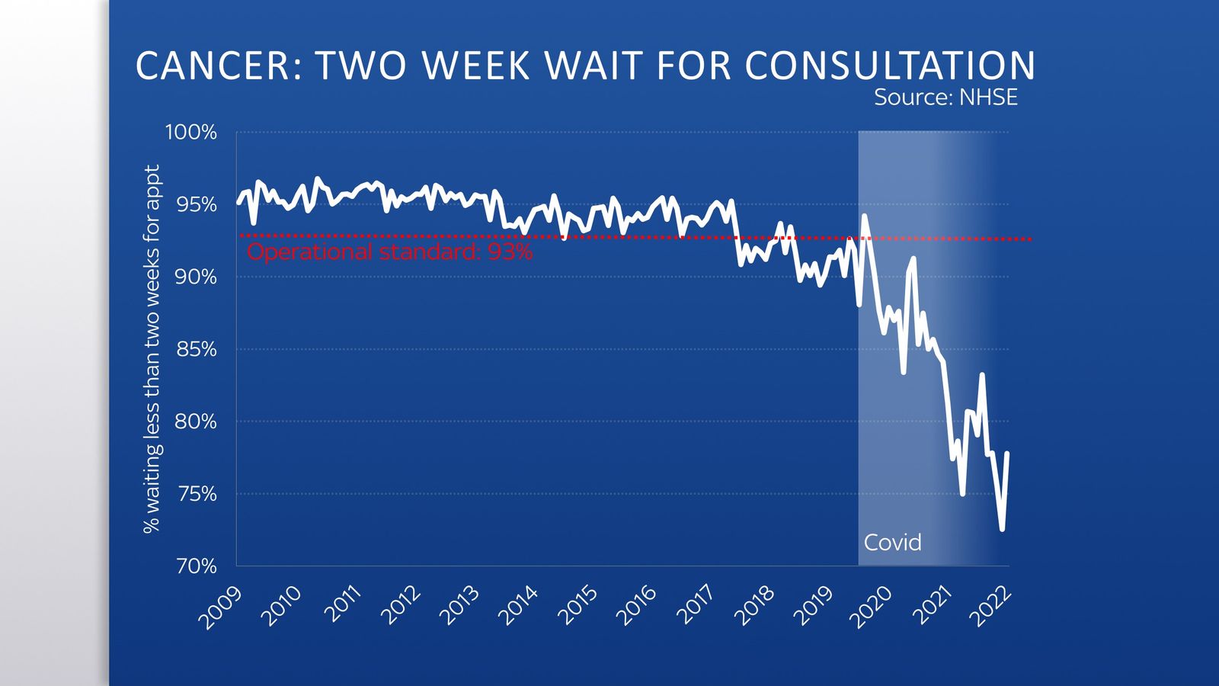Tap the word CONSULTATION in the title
pos(890,66)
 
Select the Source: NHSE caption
pos(945,98)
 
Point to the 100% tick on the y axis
pos(190,133)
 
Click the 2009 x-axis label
pos(220,607)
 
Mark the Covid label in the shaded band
pos(892,543)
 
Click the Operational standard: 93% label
pos(389,252)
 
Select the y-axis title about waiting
pos(152,349)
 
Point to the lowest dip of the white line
pos(1002,529)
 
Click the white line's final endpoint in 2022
pos(1007,454)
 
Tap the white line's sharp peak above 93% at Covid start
pos(864,216)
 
